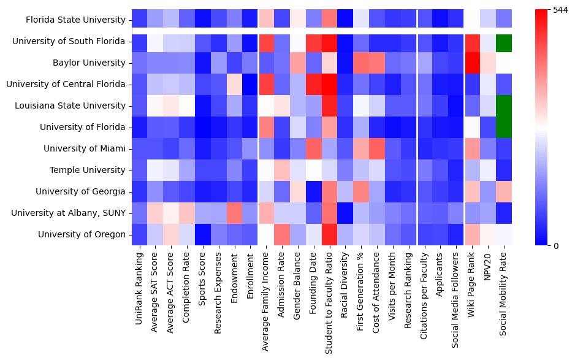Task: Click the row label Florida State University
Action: tap(76, 20)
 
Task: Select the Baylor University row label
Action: tap(91, 63)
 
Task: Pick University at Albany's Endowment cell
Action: tap(235, 213)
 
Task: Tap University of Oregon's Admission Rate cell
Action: tap(282, 234)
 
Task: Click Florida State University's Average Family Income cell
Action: tap(266, 20)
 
